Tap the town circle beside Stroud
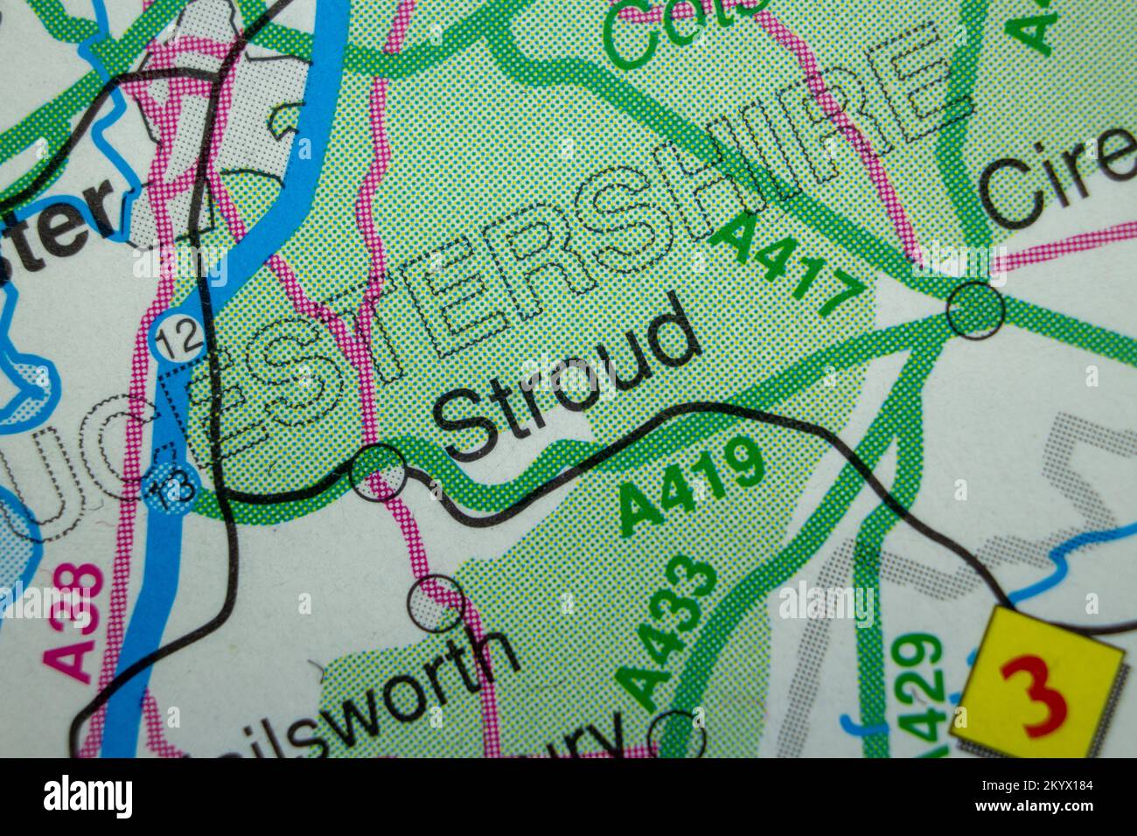(x=378, y=472)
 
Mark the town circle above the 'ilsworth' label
(x=436, y=603)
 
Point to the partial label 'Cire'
(x=1058, y=179)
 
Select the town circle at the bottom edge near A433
(x=678, y=735)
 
